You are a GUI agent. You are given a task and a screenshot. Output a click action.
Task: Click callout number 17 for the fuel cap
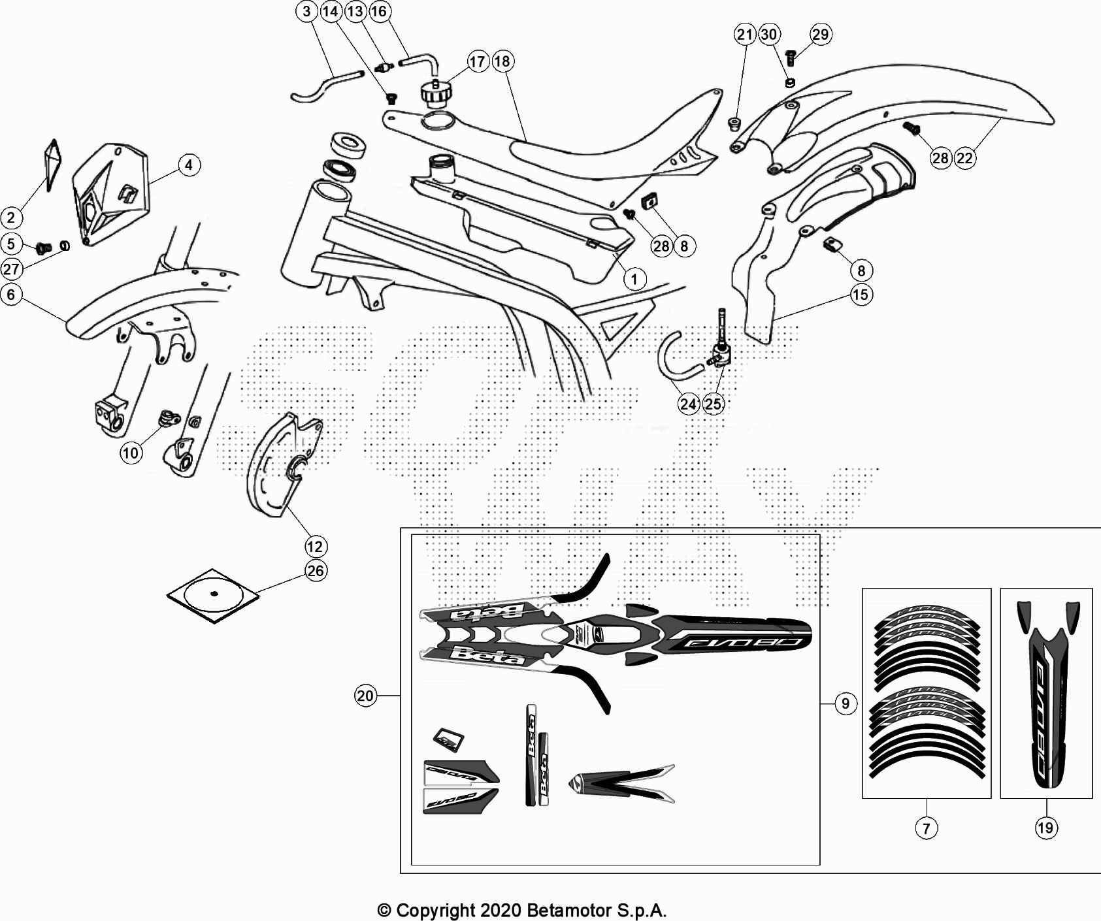tap(478, 61)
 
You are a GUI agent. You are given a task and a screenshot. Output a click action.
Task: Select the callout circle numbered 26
tap(316, 571)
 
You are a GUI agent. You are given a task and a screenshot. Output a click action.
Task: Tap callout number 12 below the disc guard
tap(316, 547)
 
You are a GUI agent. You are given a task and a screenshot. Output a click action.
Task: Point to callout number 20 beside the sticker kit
tap(365, 696)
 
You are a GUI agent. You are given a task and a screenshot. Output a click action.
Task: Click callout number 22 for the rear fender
tap(964, 157)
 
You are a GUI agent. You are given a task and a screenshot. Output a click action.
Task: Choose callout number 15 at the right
tap(861, 295)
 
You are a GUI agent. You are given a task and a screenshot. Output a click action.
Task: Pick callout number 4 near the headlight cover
tap(189, 165)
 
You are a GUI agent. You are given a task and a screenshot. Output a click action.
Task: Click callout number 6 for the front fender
tap(11, 295)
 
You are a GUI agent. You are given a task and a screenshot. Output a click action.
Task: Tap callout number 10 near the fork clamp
tap(131, 453)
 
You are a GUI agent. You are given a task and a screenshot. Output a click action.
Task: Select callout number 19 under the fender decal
tap(1045, 828)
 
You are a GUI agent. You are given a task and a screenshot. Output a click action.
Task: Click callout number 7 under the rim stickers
tap(926, 828)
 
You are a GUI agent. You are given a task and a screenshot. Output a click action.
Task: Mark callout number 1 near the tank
tap(634, 280)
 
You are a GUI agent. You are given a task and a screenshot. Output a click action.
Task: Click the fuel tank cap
tap(436, 93)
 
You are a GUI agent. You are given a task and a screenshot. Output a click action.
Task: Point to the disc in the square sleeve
tap(214, 594)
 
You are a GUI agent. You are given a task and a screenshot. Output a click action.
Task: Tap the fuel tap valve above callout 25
tap(721, 353)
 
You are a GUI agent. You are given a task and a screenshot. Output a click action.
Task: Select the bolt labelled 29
tap(791, 57)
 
